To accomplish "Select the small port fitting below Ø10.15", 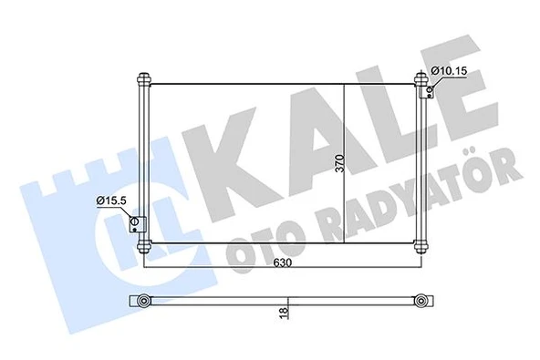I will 425,88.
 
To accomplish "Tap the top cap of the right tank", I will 420,77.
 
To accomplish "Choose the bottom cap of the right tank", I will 420,246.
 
